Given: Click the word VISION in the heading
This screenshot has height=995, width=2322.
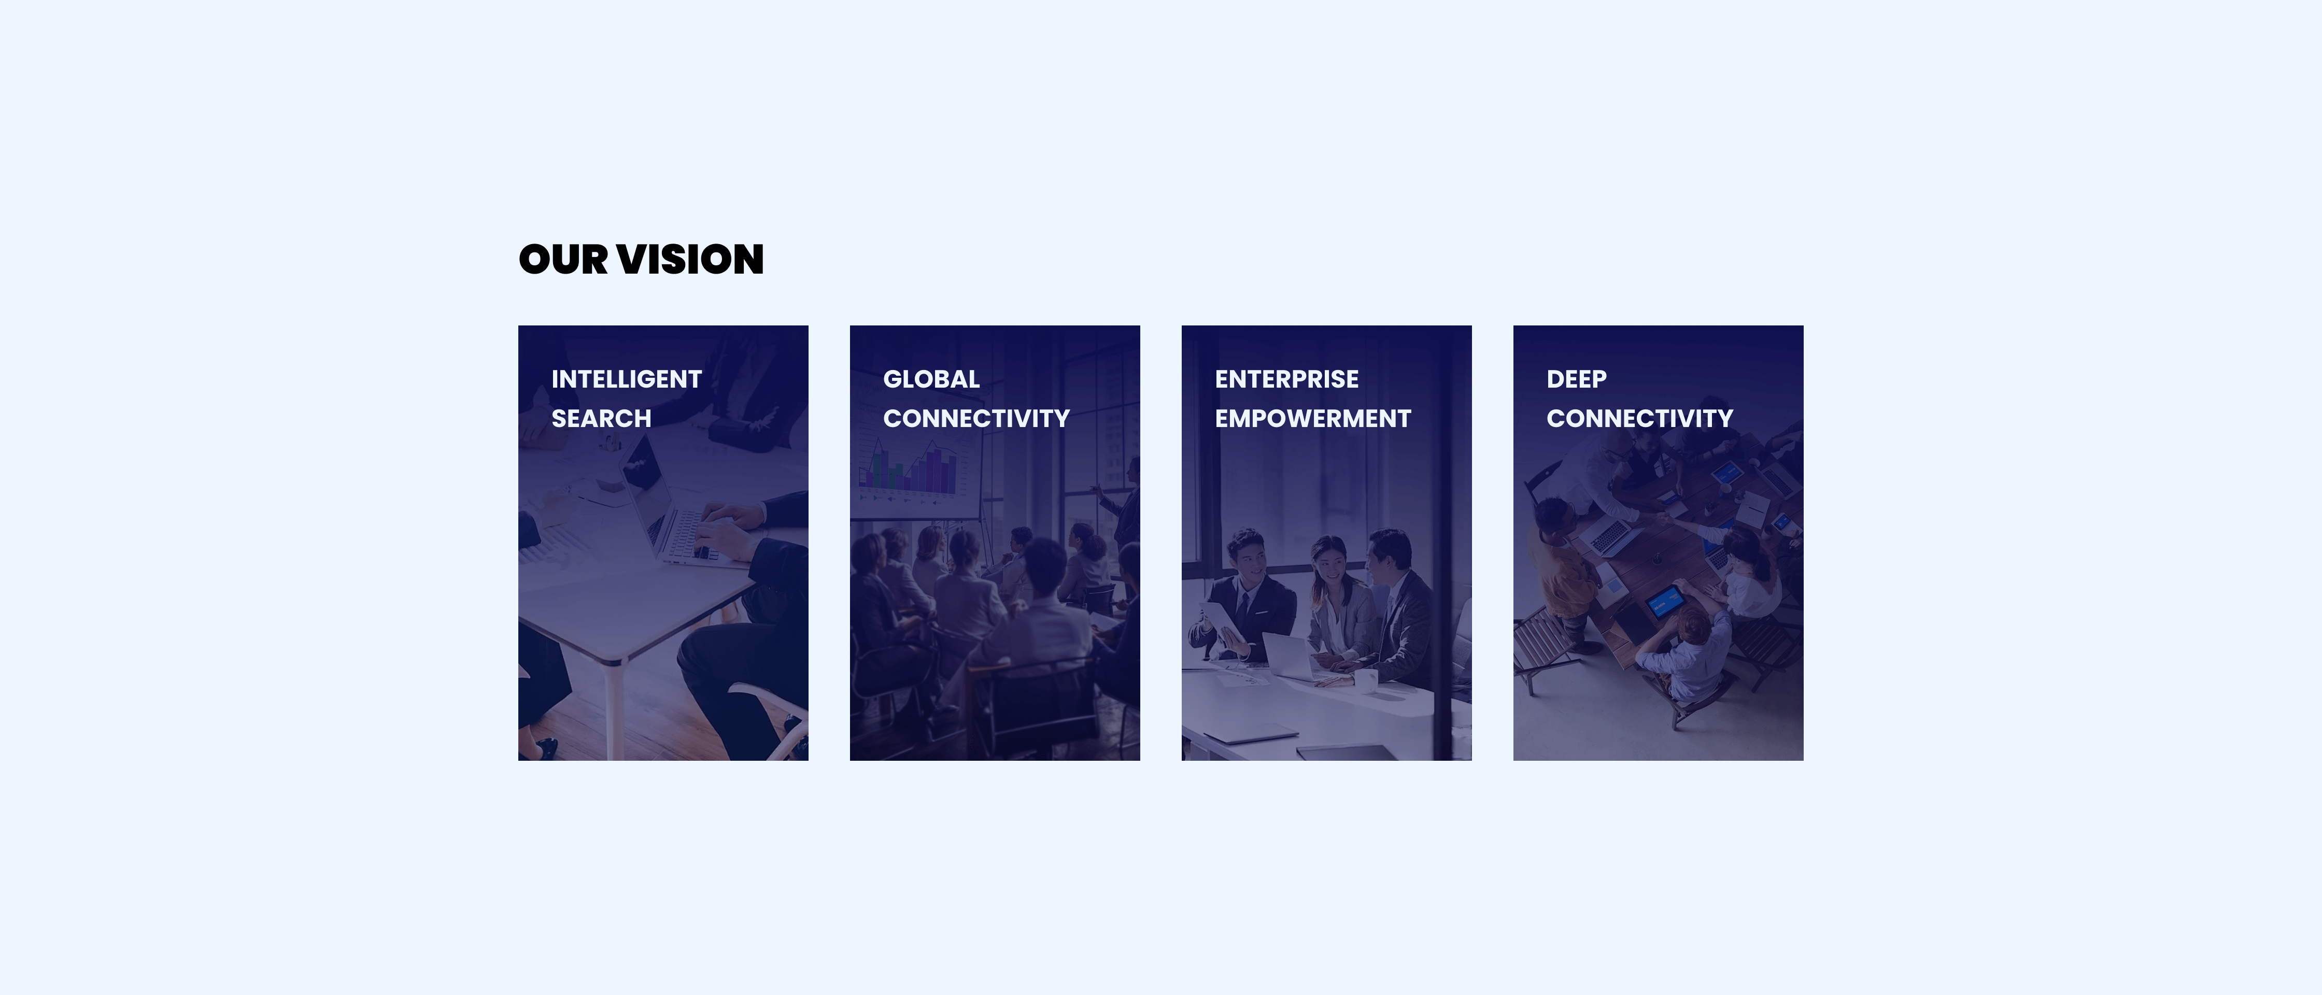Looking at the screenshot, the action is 690,260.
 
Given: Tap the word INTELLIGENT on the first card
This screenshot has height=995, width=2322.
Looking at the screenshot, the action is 627,379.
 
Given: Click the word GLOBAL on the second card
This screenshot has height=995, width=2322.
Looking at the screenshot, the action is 931,379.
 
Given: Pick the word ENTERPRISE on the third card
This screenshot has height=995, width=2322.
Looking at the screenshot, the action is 1286,379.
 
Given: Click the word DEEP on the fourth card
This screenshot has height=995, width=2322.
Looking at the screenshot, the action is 1577,379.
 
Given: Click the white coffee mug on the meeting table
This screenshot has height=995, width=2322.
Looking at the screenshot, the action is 1367,680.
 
